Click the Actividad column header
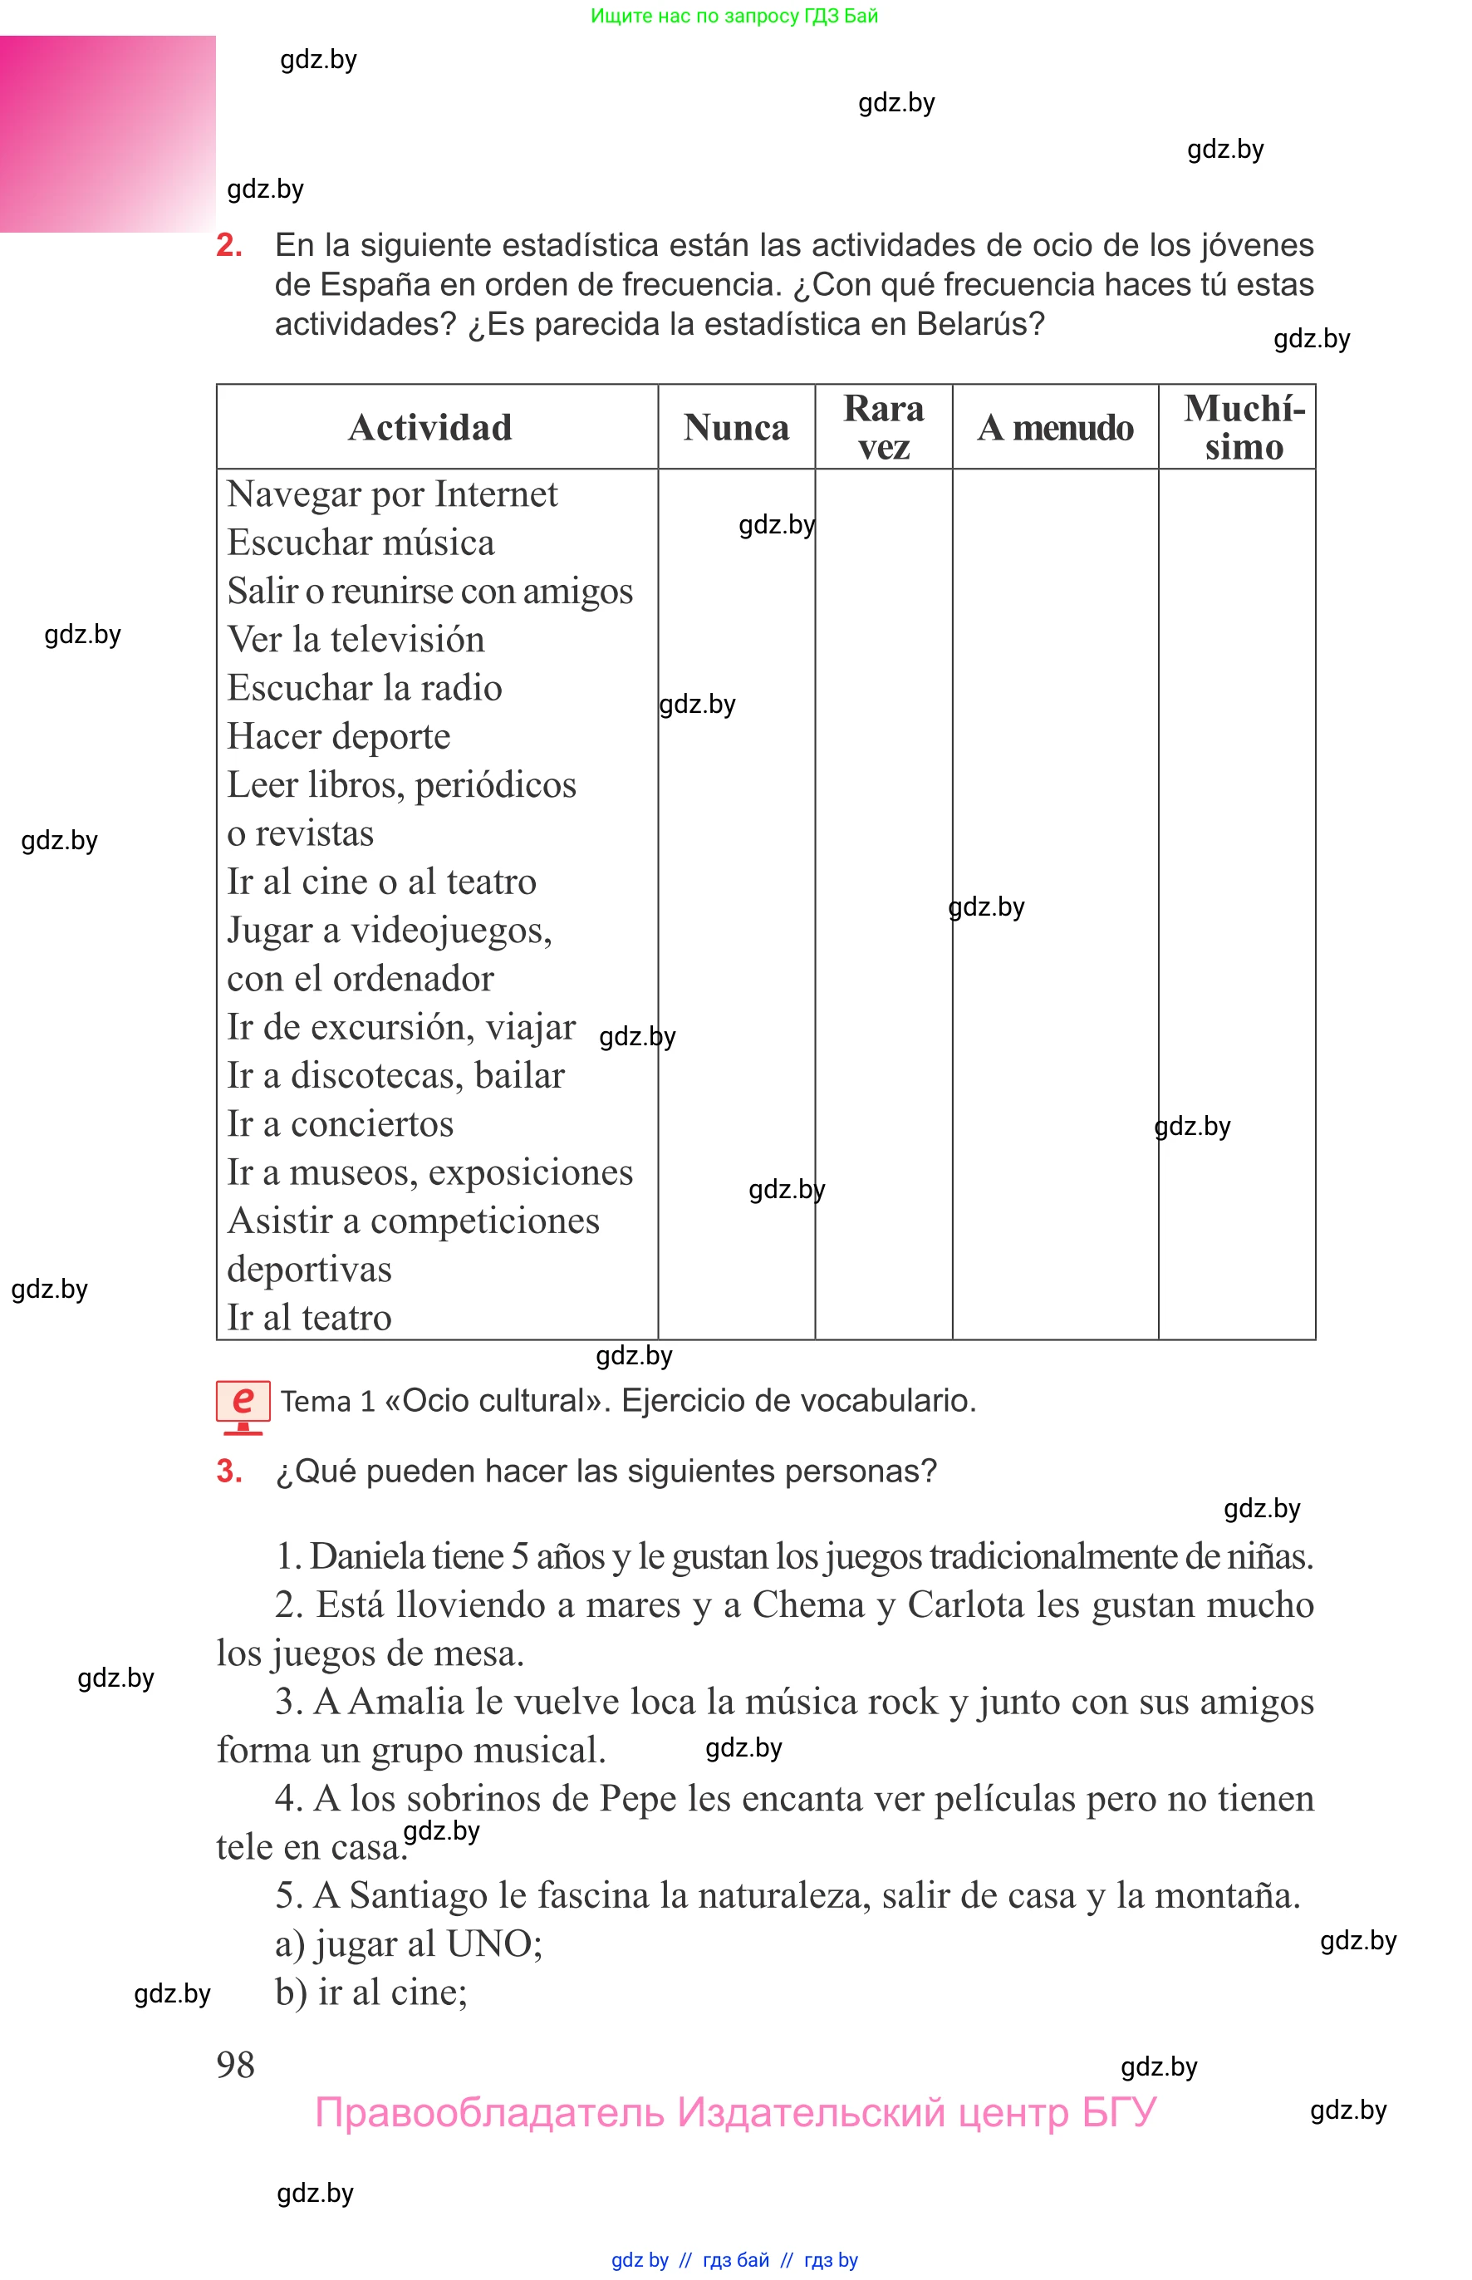[429, 427]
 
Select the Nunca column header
[736, 427]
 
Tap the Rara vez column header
[883, 427]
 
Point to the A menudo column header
[1055, 427]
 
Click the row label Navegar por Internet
[392, 494]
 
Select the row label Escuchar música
[361, 543]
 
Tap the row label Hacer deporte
[338, 736]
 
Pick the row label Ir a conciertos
[341, 1124]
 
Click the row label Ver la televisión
[356, 640]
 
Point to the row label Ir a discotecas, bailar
[395, 1075]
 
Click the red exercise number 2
[228, 246]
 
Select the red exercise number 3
[228, 1471]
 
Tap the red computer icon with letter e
[243, 1405]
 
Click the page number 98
[235, 2064]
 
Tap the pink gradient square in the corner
[107, 134]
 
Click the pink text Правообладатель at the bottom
[488, 2112]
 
